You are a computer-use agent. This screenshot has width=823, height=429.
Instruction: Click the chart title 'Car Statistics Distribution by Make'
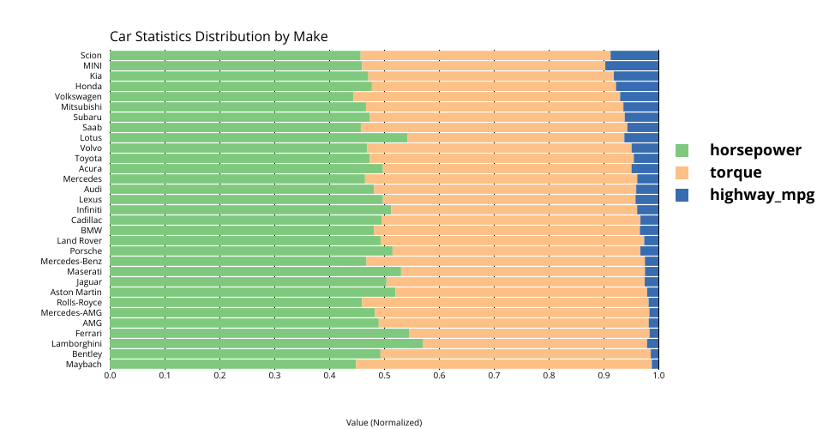point(219,37)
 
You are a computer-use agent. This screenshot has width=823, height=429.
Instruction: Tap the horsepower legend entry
point(755,150)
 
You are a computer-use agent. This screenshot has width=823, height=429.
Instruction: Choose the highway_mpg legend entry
point(761,195)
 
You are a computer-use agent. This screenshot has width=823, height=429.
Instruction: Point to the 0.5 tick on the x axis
point(384,375)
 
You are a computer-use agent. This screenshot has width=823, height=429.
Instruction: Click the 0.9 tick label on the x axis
point(604,375)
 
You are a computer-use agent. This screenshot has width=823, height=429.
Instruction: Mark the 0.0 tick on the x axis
point(110,375)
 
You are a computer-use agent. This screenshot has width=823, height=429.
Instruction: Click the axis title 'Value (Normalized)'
point(384,422)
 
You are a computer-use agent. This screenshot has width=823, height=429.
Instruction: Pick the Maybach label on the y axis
point(84,365)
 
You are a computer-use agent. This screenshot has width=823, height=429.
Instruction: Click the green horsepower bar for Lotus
point(258,138)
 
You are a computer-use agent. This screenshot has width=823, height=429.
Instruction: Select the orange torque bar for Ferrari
point(529,334)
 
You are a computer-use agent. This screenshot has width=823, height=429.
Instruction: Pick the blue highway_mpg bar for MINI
point(632,66)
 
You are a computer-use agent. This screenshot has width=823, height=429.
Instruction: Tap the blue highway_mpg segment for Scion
point(634,56)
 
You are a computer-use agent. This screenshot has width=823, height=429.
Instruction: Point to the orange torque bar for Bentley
point(515,354)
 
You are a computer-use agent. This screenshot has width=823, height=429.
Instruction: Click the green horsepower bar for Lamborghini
point(266,344)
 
